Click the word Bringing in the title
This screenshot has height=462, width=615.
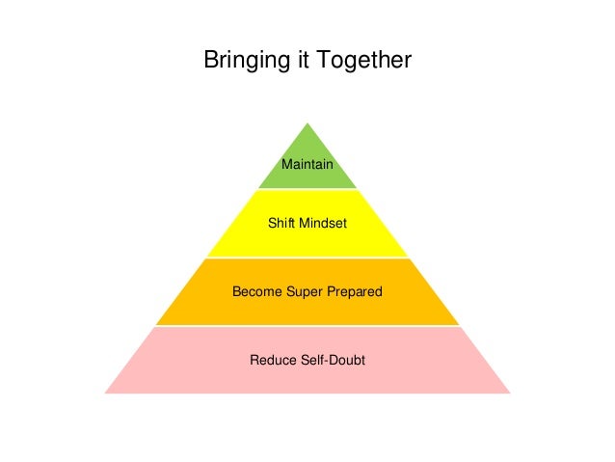(244, 62)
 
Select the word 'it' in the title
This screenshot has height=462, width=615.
(297, 61)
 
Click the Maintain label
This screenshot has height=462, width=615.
(307, 165)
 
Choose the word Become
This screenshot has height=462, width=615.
(256, 291)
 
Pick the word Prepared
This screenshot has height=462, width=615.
(354, 291)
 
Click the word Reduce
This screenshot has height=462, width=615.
(271, 361)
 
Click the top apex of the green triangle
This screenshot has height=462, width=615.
(307, 122)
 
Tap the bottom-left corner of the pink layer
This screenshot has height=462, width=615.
(105, 393)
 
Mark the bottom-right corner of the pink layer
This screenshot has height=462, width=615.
(510, 393)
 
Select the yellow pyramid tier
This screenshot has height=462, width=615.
(307, 241)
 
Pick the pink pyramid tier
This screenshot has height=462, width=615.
(307, 378)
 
